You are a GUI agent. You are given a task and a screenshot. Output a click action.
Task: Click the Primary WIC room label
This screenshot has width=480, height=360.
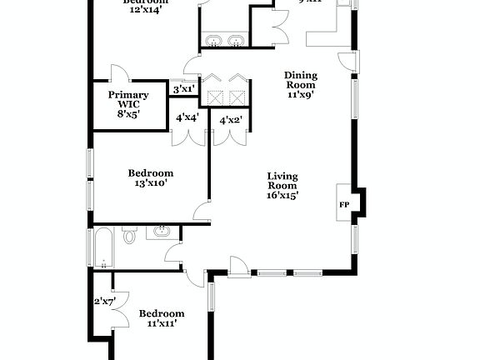click(128, 104)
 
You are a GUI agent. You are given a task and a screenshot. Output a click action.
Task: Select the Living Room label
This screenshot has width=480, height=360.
click(282, 185)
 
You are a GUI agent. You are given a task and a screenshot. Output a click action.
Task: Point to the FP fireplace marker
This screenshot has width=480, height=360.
click(343, 202)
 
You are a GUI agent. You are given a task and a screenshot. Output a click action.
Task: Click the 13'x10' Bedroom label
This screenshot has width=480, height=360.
click(151, 177)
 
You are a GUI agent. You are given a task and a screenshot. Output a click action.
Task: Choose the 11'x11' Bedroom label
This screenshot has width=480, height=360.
click(161, 317)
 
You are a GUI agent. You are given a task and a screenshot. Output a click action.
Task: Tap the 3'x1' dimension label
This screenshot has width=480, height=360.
click(183, 88)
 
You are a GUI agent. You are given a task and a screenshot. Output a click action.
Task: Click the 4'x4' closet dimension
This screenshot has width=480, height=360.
click(187, 118)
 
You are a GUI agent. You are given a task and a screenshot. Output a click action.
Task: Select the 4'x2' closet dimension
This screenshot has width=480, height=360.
click(231, 120)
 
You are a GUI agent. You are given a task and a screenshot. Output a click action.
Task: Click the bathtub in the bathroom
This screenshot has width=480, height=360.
click(102, 247)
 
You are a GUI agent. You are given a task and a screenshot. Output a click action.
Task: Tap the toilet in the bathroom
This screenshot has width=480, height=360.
click(129, 236)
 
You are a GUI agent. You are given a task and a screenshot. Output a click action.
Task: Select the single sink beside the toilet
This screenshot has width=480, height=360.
click(163, 231)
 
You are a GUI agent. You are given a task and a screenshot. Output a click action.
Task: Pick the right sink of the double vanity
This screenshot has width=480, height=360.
click(237, 39)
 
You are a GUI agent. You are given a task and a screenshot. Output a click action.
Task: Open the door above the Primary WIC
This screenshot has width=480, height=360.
click(119, 72)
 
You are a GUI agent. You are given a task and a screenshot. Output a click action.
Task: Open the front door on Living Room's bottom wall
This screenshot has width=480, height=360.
click(238, 267)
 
